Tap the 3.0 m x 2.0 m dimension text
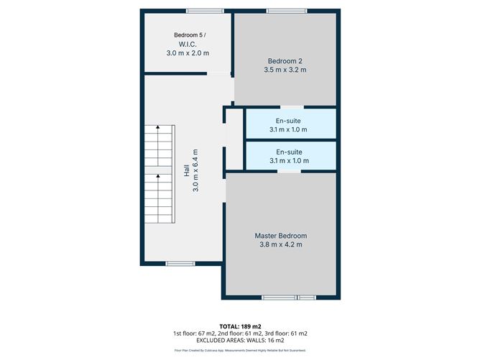click(x=188, y=53)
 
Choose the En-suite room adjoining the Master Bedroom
click(x=290, y=156)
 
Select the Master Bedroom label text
click(x=281, y=236)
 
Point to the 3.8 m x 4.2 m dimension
click(x=281, y=245)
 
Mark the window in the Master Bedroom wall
click(x=288, y=297)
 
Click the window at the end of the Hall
click(x=180, y=264)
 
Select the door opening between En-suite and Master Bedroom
click(x=290, y=171)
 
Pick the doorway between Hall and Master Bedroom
click(x=225, y=188)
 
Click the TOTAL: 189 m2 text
click(x=239, y=326)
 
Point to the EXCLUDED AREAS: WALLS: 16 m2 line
click(x=239, y=341)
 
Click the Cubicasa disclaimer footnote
click(x=239, y=351)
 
